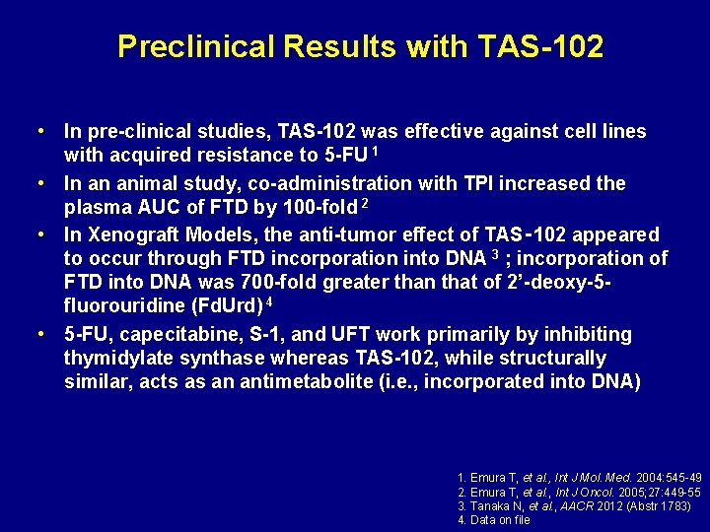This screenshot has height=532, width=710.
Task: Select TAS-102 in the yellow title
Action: pyautogui.click(x=543, y=46)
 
